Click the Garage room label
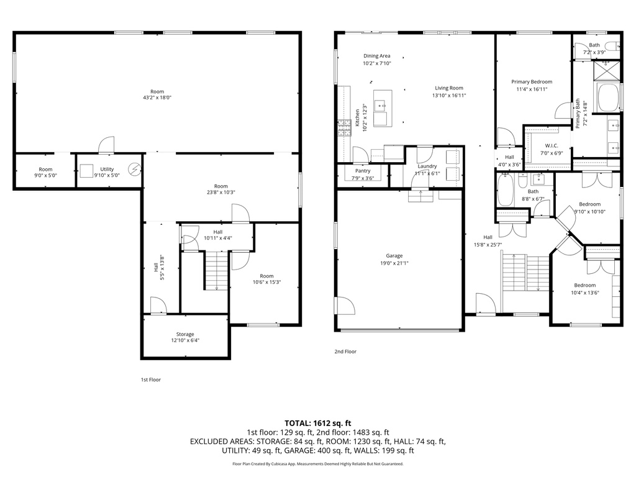coord(394,256)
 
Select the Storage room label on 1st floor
coord(184,334)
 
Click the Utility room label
coord(107,169)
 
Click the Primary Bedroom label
coord(532,81)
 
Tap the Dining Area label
coord(377,56)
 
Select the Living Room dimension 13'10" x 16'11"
coord(449,96)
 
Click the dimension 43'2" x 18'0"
coord(157,98)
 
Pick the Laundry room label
coord(427,166)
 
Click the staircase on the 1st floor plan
coord(217,271)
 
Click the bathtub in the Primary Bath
coord(608,98)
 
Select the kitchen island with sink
coord(382,108)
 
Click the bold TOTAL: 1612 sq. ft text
coord(317,423)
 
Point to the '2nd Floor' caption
coord(345,352)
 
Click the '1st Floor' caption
coord(150,379)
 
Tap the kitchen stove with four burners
coord(343,129)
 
